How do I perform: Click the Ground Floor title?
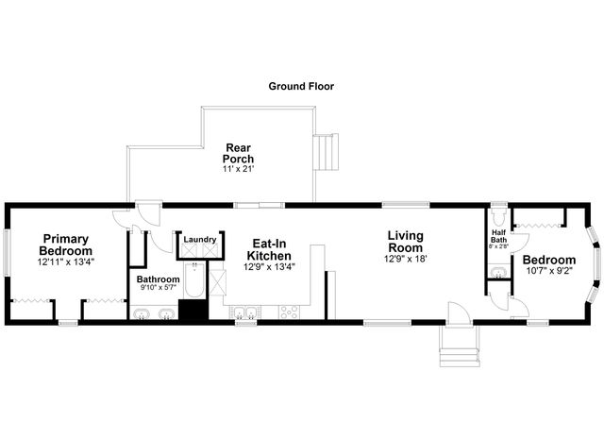coord(301,86)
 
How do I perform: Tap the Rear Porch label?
coord(239,153)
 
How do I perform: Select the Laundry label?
coord(200,240)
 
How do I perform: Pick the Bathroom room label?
coord(158,279)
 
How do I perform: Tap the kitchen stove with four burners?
coord(289,312)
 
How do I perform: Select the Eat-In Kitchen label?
coord(270,249)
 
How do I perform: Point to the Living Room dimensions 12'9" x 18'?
coord(405,259)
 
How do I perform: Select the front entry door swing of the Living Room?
coord(458,313)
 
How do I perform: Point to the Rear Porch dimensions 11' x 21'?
coord(239,168)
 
